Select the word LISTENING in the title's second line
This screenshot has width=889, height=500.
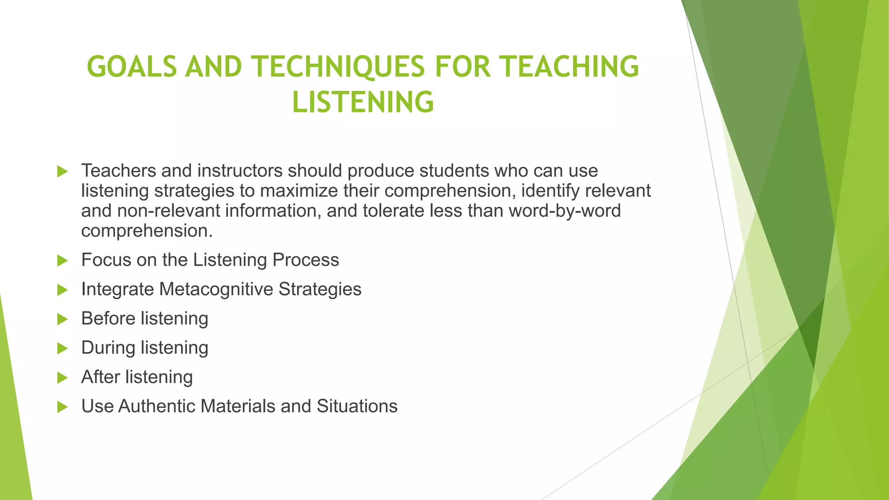pos(363,102)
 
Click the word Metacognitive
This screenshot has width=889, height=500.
pos(216,289)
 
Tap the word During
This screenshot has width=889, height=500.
pos(108,348)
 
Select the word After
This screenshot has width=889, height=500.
pos(100,377)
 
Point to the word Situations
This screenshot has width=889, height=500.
pos(357,406)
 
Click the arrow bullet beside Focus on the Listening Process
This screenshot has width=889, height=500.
pos(63,261)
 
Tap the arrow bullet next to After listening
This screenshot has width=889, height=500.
pos(63,378)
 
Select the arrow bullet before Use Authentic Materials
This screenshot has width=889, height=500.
pos(63,407)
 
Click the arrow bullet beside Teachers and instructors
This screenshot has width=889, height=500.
pos(63,171)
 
